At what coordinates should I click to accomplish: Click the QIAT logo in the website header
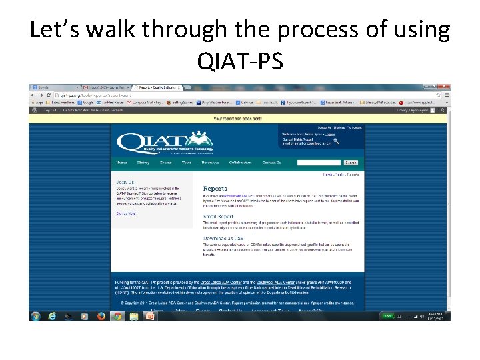[164, 142]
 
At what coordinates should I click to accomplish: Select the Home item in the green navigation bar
[121, 163]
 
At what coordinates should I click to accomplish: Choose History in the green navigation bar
[143, 163]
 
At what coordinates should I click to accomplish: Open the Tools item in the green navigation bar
[187, 163]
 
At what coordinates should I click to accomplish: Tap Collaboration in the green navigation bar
[241, 163]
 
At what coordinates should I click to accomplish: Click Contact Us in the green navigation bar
[271, 163]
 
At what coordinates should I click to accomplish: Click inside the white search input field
[319, 163]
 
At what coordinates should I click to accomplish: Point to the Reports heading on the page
[215, 189]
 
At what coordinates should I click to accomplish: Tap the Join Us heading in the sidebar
[125, 182]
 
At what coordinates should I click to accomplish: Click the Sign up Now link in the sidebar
[126, 213]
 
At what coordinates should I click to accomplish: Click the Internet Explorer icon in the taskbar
[53, 316]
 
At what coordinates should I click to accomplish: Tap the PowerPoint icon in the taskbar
[150, 316]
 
